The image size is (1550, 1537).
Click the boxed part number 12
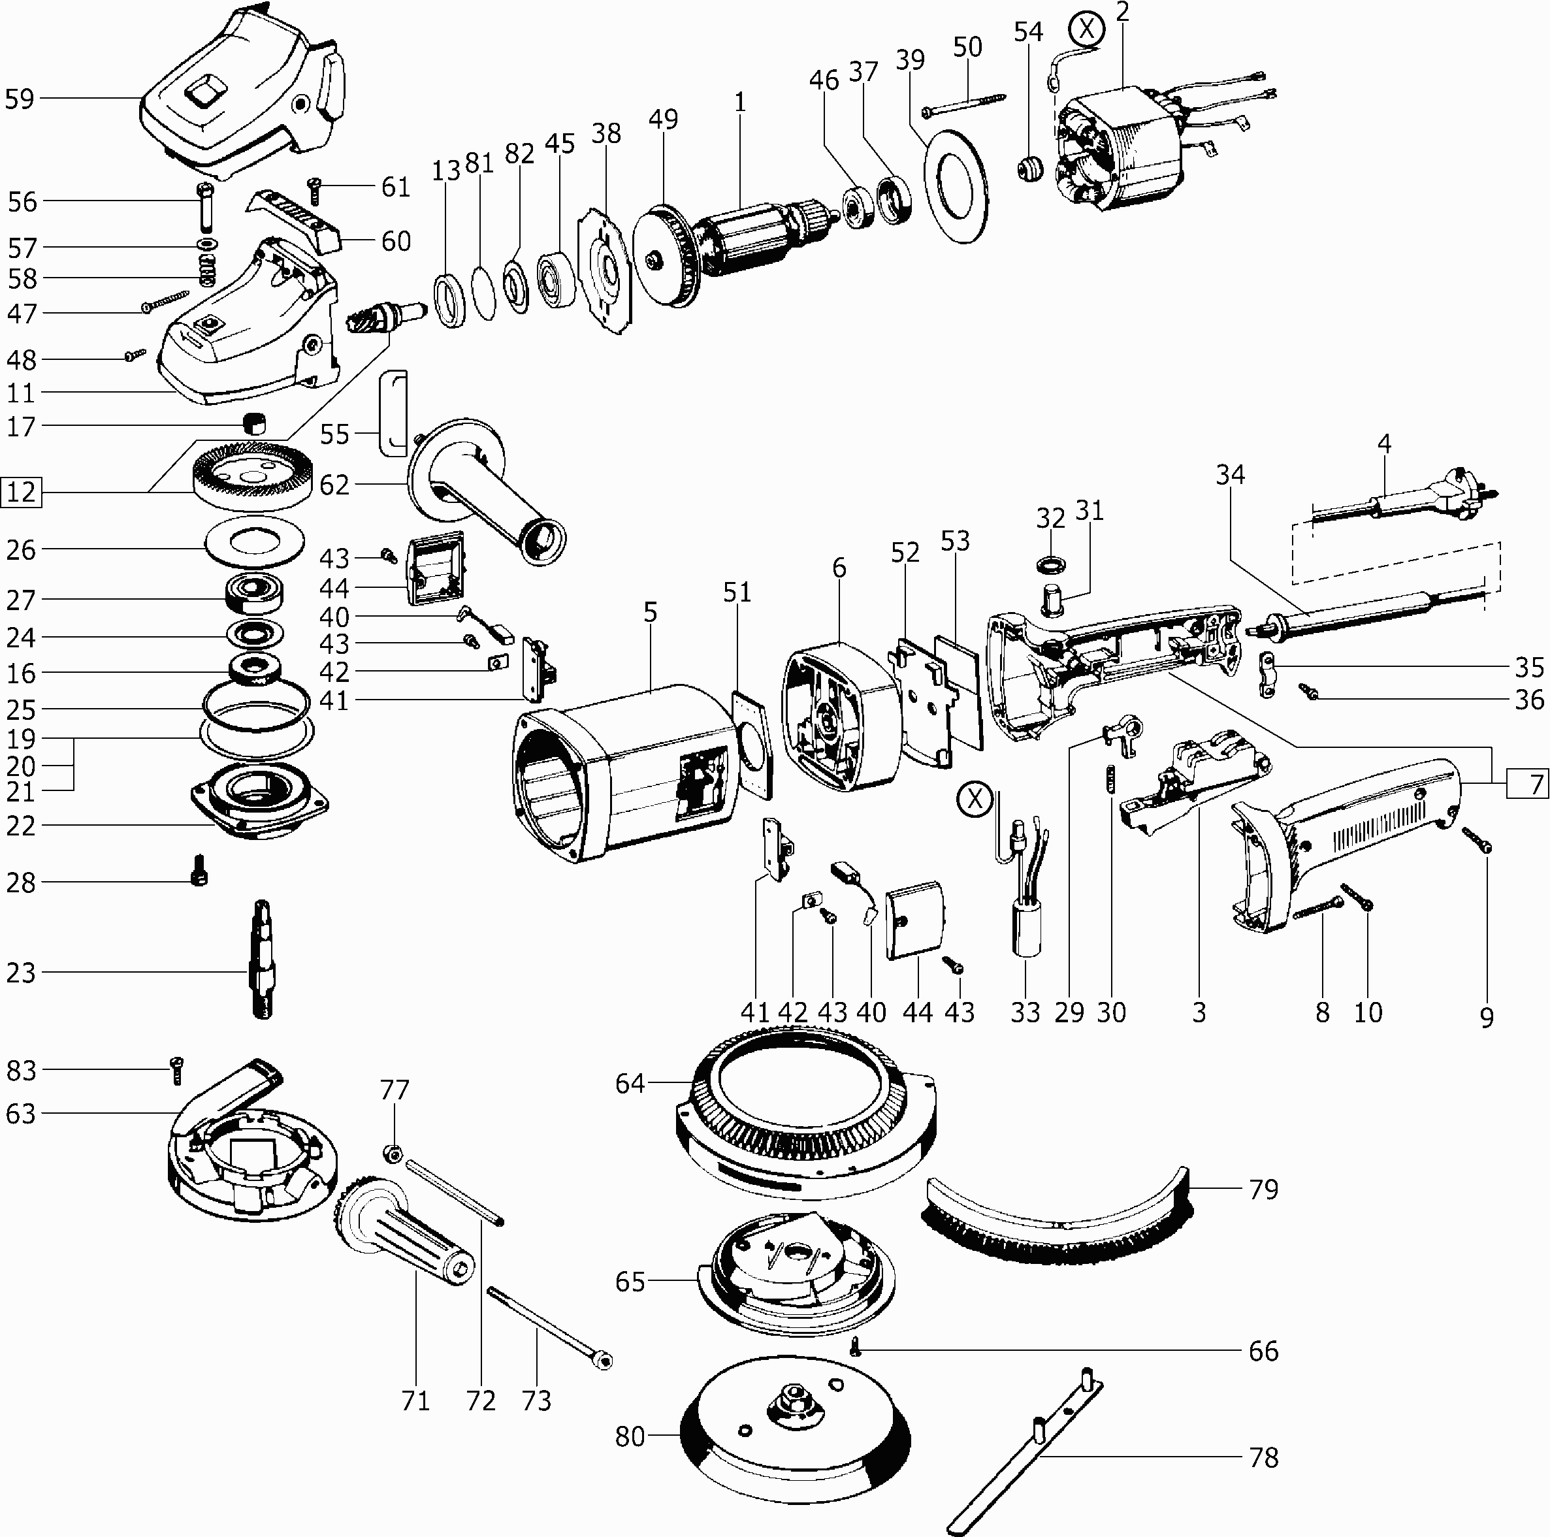22,491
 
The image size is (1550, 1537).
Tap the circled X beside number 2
1087,29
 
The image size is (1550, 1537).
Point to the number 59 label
20,99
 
